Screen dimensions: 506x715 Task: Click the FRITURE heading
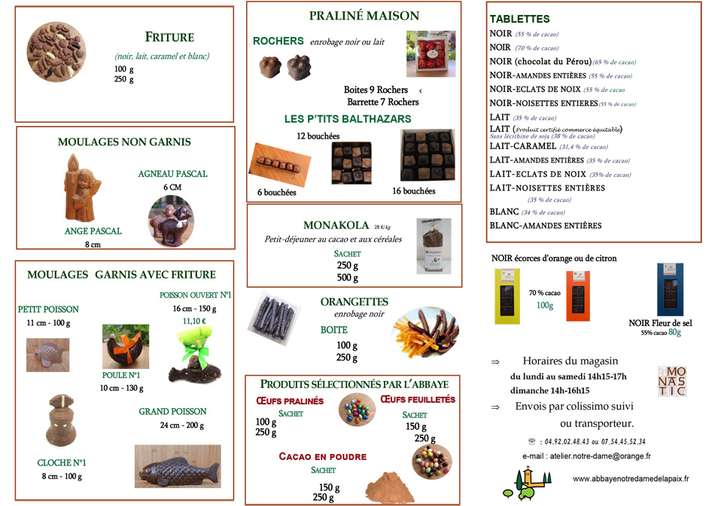pos(169,37)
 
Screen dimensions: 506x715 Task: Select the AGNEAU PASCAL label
pos(172,174)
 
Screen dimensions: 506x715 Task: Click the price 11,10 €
pos(195,320)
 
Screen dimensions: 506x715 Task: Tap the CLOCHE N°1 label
pos(62,462)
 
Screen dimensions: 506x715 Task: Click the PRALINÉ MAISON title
pos(354,16)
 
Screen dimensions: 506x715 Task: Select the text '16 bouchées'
pos(413,191)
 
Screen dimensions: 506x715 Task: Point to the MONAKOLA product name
pos(336,225)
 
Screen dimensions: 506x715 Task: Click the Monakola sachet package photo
pos(434,245)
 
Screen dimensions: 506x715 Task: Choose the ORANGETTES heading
pos(354,302)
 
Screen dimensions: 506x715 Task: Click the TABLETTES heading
pos(519,19)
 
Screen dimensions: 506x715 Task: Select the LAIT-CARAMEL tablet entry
pos(522,146)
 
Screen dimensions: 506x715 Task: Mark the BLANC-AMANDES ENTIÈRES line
pos(545,225)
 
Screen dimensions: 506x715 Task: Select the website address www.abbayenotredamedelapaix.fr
pos(631,478)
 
